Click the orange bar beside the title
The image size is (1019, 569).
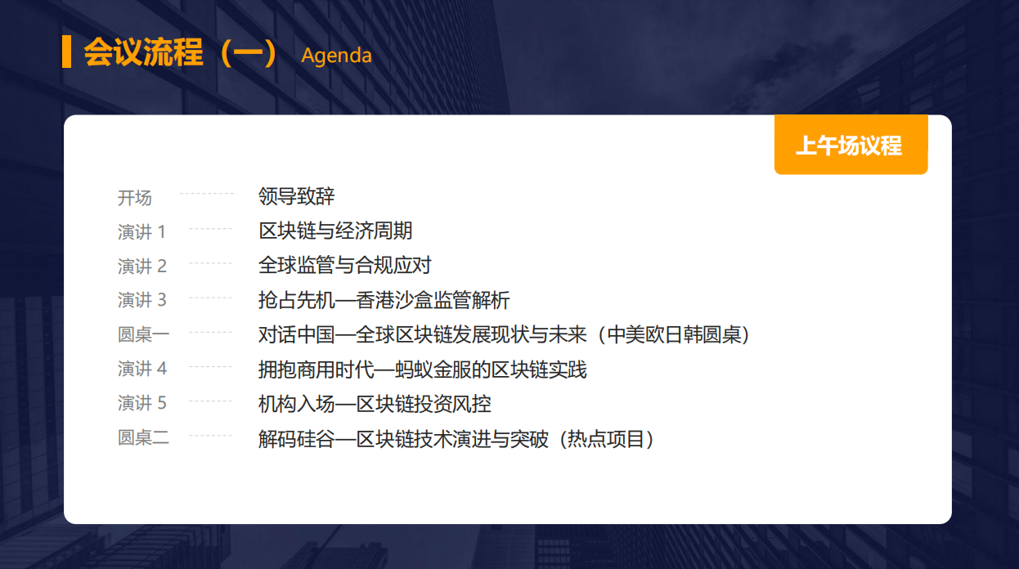click(66, 52)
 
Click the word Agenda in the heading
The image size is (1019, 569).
click(337, 56)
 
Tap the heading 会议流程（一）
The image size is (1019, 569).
click(181, 52)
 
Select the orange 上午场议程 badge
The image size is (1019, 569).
click(851, 145)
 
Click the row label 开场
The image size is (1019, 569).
click(135, 198)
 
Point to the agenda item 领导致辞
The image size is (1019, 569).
click(297, 196)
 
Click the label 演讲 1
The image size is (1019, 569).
click(141, 232)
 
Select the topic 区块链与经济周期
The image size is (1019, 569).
click(335, 231)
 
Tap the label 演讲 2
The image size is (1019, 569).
click(142, 266)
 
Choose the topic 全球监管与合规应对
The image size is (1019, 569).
click(345, 265)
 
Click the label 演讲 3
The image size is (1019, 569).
click(142, 300)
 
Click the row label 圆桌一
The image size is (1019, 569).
click(143, 334)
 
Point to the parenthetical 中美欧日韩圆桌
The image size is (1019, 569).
click(674, 334)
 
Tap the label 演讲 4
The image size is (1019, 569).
click(142, 369)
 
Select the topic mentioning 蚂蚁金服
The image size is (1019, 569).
click(423, 370)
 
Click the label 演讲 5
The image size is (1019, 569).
click(142, 403)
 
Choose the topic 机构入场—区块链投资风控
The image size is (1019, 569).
click(375, 404)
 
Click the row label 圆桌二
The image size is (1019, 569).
click(143, 437)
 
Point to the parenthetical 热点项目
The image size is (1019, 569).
click(606, 439)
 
